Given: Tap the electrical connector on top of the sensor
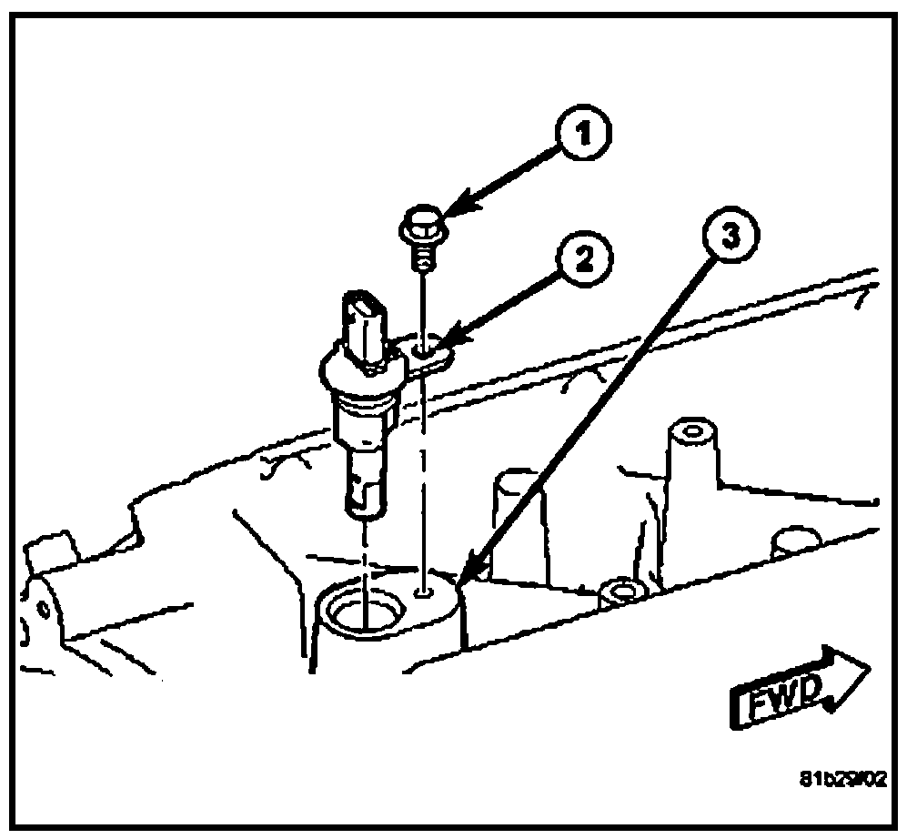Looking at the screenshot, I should [x=365, y=323].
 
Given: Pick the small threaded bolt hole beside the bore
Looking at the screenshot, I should [x=424, y=592].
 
